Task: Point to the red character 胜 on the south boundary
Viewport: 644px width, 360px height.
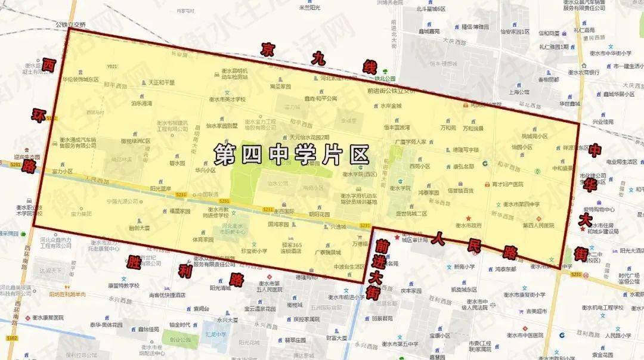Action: (135, 262)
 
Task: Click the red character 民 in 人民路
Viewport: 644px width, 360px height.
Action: (473, 244)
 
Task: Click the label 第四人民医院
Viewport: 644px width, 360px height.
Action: (538, 225)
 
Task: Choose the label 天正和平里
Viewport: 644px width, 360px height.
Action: (162, 83)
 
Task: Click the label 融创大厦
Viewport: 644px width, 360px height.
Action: (139, 227)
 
